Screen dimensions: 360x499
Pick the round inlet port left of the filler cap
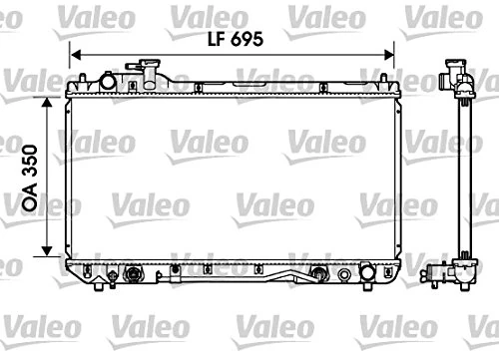coord(103,79)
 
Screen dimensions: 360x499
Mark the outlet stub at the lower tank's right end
coord(370,271)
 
